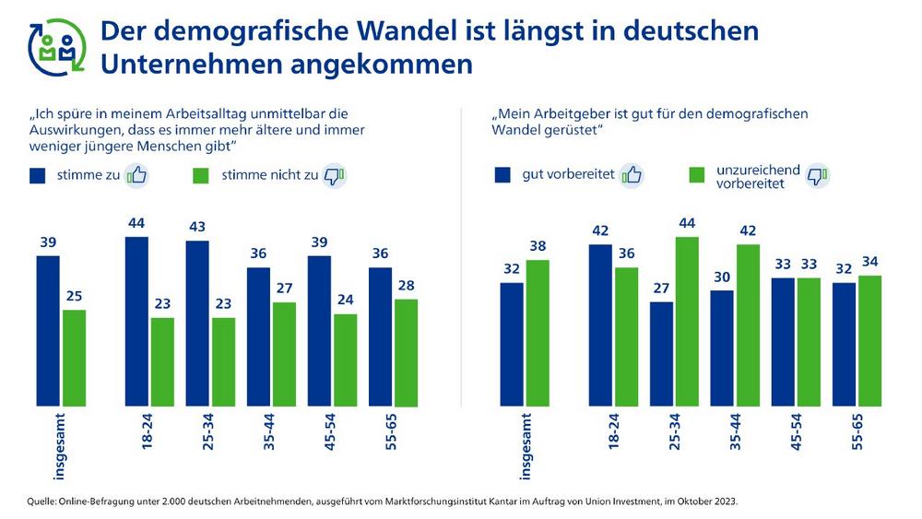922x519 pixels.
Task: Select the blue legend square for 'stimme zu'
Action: (39, 175)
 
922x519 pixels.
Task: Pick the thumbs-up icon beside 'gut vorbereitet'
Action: (632, 175)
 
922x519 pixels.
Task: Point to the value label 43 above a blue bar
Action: (197, 227)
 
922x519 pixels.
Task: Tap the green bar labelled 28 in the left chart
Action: (406, 352)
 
